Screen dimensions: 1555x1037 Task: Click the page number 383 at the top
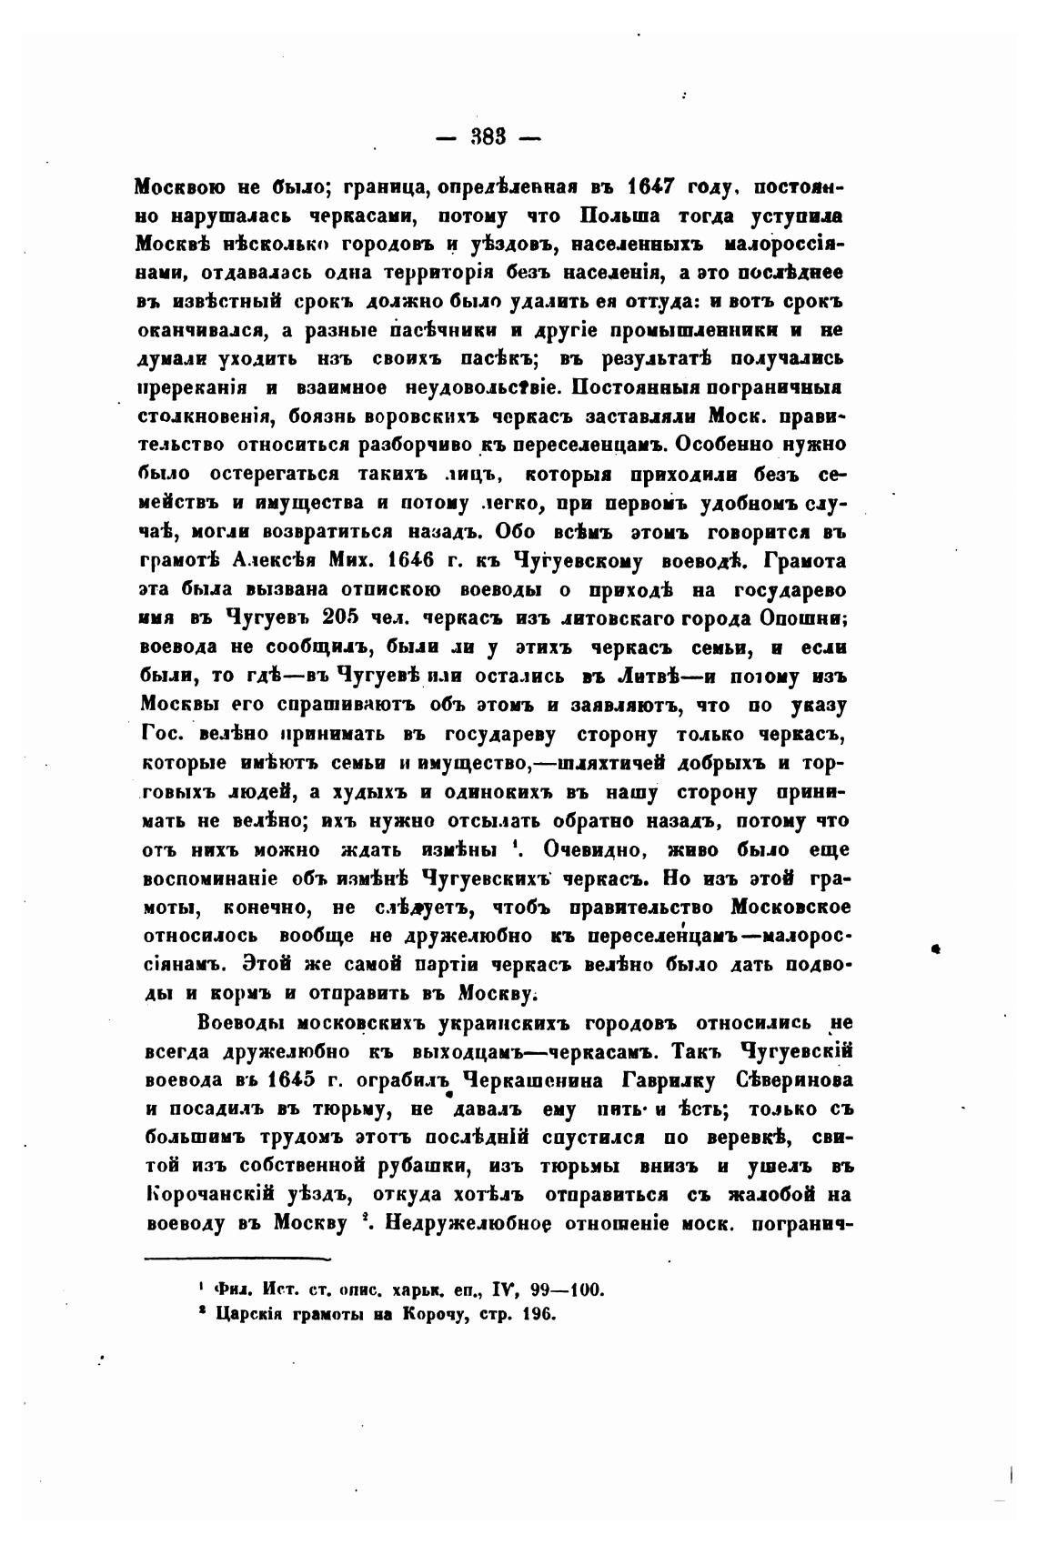coord(488,139)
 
